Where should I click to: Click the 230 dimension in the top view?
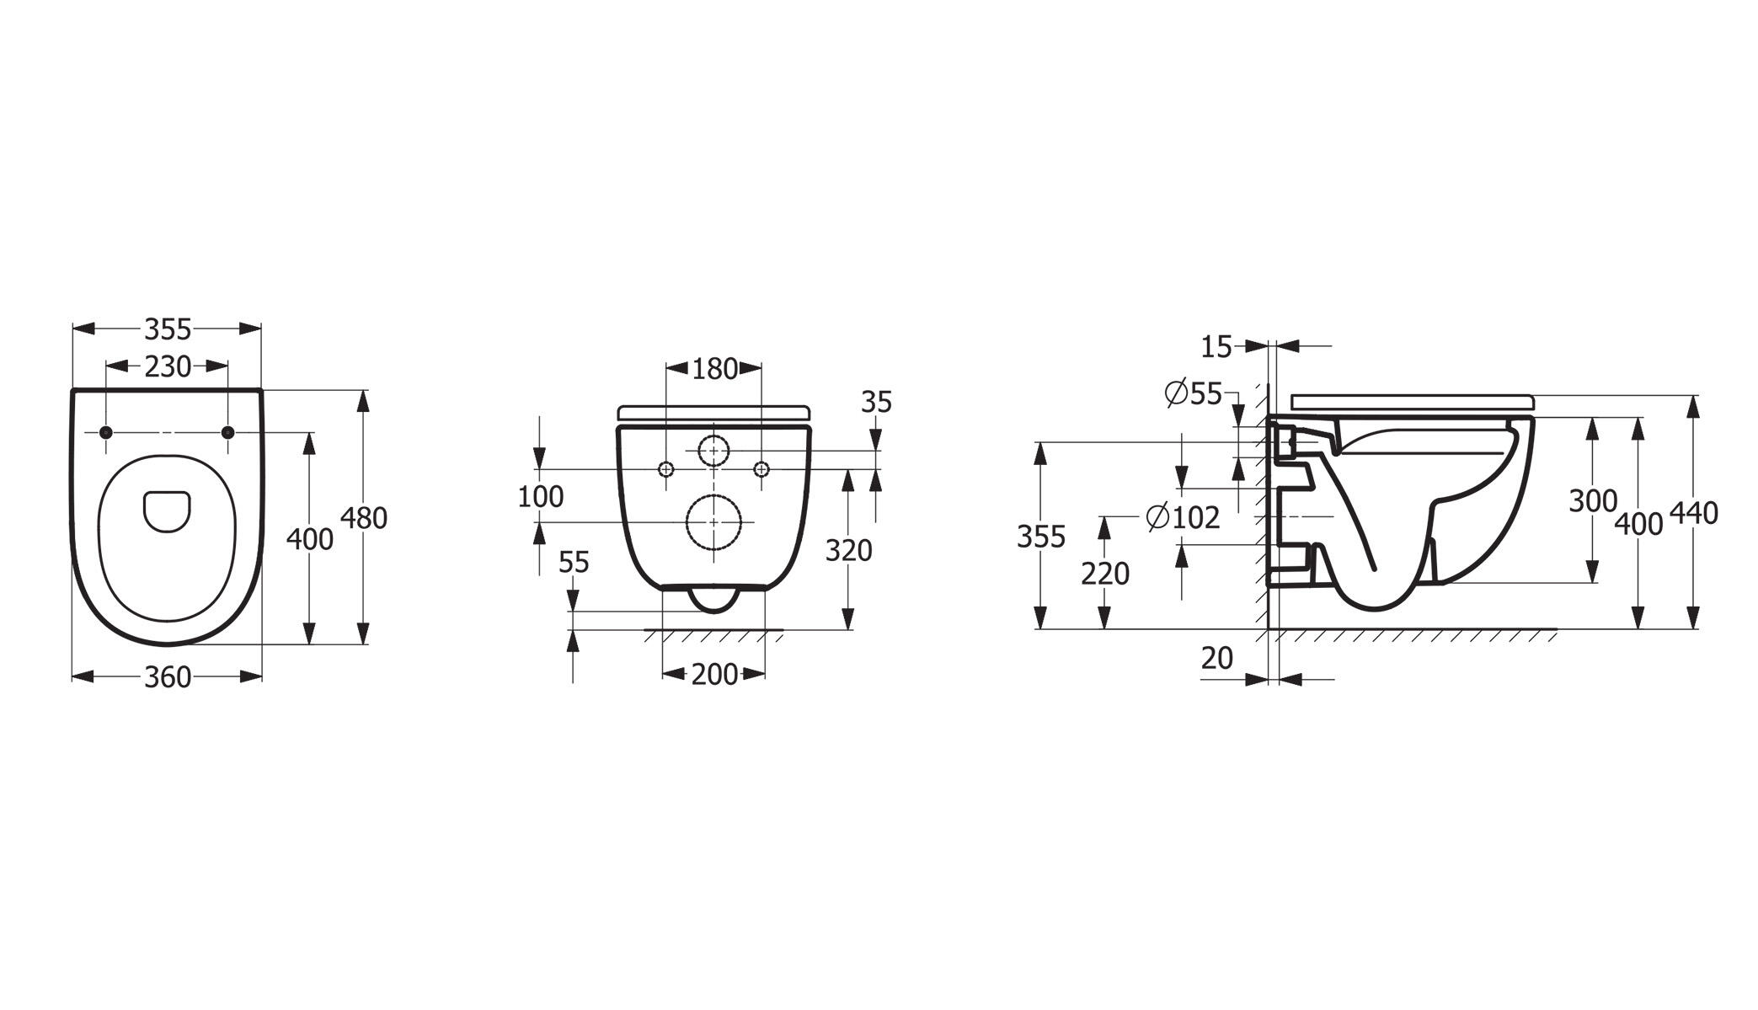tap(168, 367)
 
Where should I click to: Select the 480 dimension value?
tap(364, 518)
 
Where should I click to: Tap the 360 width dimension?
tap(168, 677)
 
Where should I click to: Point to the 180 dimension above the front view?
tap(714, 369)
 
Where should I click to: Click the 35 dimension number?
tap(876, 403)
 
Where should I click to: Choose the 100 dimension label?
tap(540, 497)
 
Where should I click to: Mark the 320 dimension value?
tap(848, 551)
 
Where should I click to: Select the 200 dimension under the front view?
tap(714, 675)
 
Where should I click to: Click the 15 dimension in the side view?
tap(1216, 346)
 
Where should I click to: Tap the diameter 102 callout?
tap(1184, 517)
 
